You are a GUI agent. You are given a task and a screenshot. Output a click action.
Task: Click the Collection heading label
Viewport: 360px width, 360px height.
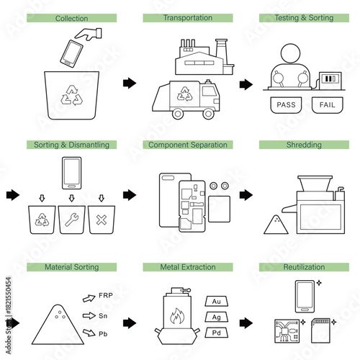[72, 18]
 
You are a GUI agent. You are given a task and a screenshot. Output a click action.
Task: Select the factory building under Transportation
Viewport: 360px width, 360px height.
[197, 58]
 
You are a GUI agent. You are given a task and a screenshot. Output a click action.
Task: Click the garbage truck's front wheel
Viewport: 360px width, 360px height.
[208, 112]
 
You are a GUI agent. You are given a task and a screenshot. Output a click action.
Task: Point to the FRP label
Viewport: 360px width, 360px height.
[106, 296]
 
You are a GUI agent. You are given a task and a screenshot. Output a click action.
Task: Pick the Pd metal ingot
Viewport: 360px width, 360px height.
[217, 333]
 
